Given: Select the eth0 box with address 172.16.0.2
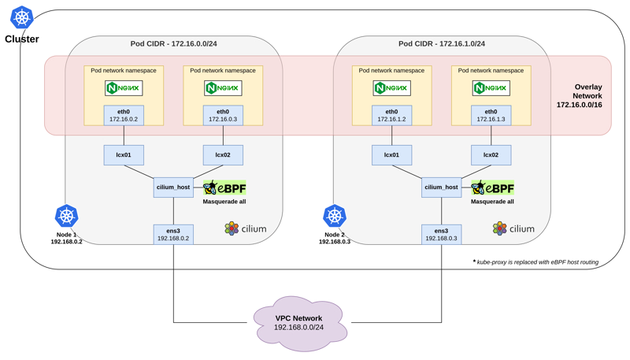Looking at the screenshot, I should [x=124, y=115].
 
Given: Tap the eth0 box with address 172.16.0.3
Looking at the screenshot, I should [x=223, y=115].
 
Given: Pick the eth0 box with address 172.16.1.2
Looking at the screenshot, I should [x=391, y=115].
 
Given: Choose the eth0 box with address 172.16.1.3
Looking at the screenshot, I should [x=491, y=115].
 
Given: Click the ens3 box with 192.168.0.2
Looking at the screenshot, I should [x=173, y=233].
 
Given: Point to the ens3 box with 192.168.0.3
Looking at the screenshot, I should [x=441, y=233].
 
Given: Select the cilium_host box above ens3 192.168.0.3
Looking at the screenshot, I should [x=441, y=187].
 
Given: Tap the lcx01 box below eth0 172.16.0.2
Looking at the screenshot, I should [x=124, y=154].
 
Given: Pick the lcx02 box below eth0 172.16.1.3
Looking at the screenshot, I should [x=491, y=154].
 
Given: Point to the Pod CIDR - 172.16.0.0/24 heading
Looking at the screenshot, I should [x=173, y=43].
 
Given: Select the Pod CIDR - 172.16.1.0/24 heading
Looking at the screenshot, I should [x=441, y=43].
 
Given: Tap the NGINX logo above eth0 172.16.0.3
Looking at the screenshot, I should [x=223, y=87].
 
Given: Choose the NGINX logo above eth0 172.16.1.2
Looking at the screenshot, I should [x=391, y=87].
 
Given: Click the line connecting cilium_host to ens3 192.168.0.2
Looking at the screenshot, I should [x=173, y=210].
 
